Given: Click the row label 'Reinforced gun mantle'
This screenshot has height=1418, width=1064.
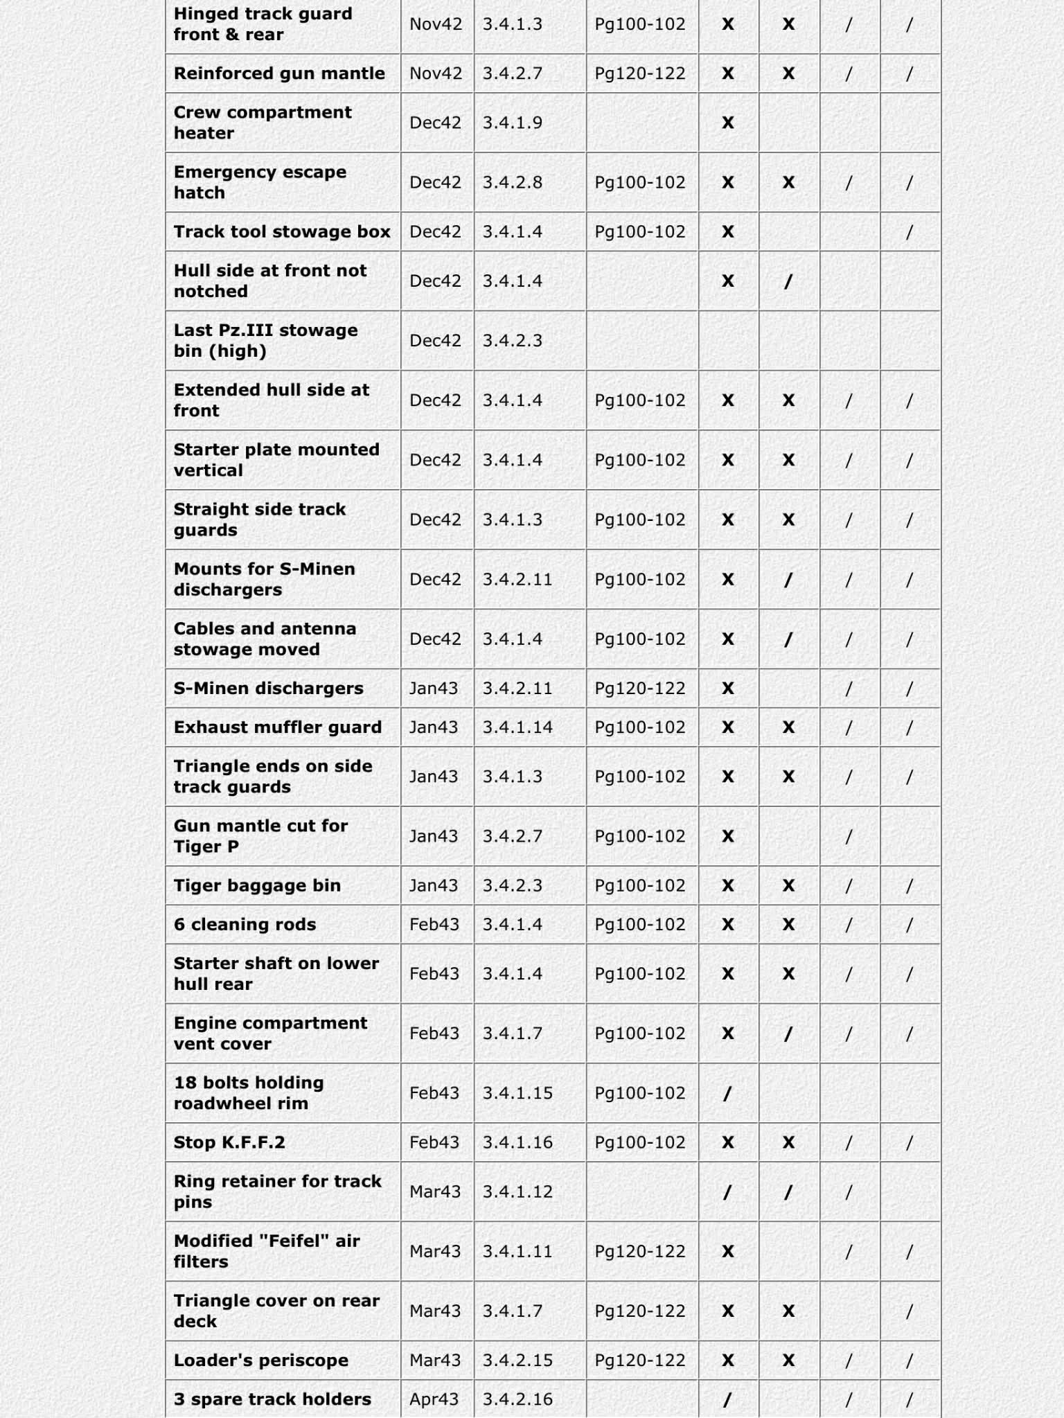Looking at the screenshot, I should (279, 73).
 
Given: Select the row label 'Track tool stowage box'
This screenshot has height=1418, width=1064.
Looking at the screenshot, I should (282, 231).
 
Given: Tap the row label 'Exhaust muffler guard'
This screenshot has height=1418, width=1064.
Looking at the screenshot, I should (278, 727).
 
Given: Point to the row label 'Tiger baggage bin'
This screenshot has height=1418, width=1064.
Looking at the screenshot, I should (257, 885).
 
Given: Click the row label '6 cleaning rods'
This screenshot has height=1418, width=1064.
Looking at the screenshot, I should (245, 924).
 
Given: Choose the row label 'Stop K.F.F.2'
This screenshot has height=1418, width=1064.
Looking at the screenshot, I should (229, 1142).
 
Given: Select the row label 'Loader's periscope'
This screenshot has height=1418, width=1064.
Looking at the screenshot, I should (261, 1360).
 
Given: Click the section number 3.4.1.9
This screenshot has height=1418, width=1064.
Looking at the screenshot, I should (513, 123).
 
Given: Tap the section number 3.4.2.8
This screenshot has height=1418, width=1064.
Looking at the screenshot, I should (513, 182).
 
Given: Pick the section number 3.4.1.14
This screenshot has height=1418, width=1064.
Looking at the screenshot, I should (517, 727).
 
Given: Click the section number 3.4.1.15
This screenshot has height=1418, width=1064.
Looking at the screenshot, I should (517, 1092).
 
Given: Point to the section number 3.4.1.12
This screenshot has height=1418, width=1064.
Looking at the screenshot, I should (517, 1191).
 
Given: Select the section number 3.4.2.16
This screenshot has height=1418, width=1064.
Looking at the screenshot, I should (517, 1399).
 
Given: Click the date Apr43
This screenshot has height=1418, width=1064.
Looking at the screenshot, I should (434, 1399).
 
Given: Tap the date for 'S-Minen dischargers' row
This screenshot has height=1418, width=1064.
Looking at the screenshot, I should (434, 688).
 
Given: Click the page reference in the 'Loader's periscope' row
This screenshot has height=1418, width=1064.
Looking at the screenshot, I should (640, 1360).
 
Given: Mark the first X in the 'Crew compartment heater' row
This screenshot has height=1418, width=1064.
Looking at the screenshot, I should (728, 123).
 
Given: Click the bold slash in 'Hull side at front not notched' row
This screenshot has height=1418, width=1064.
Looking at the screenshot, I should (788, 281).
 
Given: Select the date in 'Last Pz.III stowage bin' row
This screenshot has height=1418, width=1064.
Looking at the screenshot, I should (435, 340).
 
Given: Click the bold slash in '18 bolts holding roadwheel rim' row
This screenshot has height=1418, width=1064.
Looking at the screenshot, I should (727, 1093).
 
